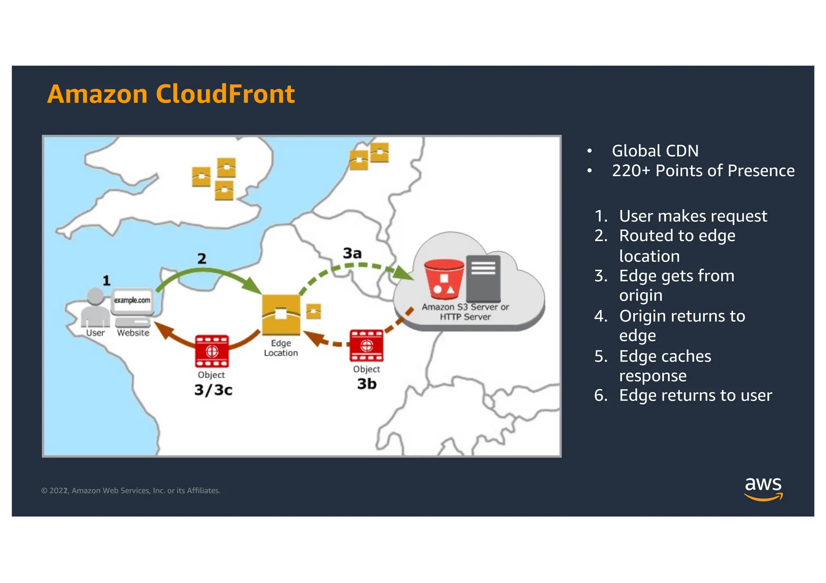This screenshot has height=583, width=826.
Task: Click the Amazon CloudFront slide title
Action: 171,94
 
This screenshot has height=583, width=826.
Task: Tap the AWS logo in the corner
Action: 763,488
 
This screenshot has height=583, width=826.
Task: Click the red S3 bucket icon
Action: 444,279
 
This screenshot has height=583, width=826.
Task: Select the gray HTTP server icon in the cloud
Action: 483,278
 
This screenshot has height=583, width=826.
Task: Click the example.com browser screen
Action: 132,301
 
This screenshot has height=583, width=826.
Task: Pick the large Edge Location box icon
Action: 281,315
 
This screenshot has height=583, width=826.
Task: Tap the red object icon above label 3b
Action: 367,346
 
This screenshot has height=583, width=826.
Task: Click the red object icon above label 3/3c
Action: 212,351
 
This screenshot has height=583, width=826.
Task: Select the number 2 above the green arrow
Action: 202,258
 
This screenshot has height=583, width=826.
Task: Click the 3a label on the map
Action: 352,253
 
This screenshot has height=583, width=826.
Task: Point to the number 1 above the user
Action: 106,280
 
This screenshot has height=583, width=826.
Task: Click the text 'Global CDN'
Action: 655,151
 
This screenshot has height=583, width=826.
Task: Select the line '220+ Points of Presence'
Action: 703,171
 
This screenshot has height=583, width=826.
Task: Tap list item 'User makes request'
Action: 693,216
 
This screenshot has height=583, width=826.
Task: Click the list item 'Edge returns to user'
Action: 695,396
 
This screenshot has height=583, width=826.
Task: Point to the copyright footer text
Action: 131,491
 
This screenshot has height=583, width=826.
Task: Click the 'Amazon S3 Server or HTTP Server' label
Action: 465,312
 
